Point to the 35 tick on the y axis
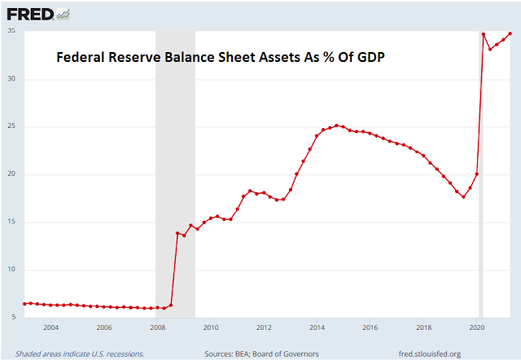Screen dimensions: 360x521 click(11, 32)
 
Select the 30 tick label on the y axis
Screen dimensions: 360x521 click(11, 79)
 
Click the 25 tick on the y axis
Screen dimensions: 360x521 click(11, 127)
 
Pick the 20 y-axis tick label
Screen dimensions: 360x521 click(11, 174)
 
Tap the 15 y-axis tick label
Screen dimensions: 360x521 click(11, 222)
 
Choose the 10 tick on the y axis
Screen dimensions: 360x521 click(11, 270)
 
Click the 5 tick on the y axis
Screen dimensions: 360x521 click(14, 317)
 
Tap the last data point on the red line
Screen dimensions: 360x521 click(510, 33)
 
